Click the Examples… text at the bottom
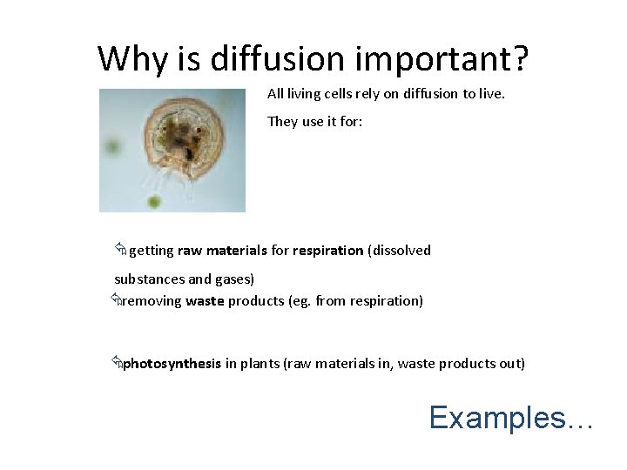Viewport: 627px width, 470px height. [x=511, y=418]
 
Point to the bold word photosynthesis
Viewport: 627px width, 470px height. [x=172, y=364]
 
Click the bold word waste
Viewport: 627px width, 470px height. [x=205, y=301]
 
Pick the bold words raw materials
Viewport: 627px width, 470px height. [x=222, y=251]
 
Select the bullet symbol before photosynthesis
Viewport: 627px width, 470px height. [x=116, y=364]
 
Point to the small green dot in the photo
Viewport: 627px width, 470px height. [x=154, y=204]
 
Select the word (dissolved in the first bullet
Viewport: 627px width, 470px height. [x=400, y=251]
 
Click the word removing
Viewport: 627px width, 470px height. [x=152, y=301]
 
